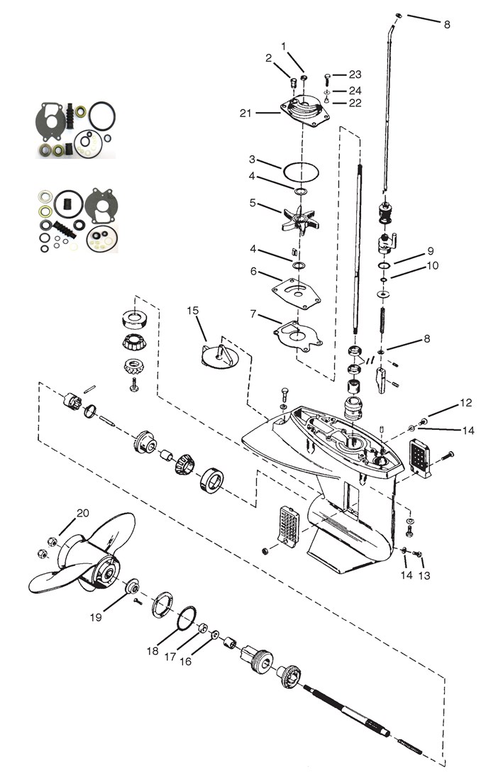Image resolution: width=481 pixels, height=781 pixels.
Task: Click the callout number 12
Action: click(465, 404)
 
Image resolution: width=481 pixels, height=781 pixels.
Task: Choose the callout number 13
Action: click(424, 576)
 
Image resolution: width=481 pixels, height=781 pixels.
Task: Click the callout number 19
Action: click(95, 617)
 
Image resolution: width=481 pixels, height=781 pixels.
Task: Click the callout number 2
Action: click(269, 58)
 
